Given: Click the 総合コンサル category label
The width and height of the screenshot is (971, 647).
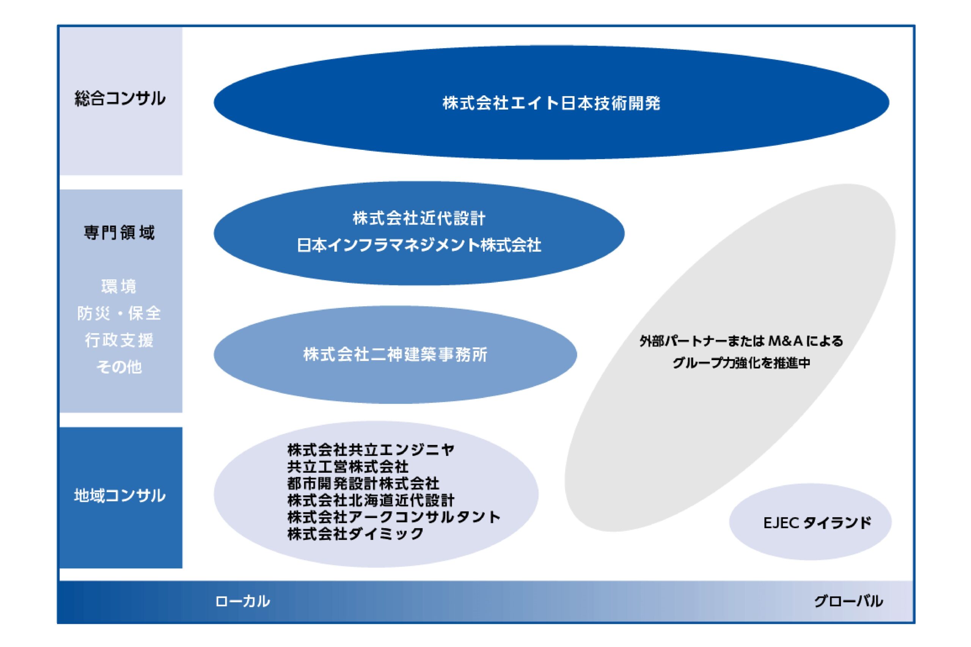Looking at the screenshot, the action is pyautogui.click(x=120, y=99).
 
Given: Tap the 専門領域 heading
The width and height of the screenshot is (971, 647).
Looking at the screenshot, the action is pyautogui.click(x=119, y=233).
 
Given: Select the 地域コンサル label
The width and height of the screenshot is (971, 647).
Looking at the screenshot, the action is pyautogui.click(x=120, y=496).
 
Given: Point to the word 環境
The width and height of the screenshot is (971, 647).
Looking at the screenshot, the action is pyautogui.click(x=119, y=287).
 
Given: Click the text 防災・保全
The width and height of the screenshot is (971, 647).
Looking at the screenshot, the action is pyautogui.click(x=119, y=313).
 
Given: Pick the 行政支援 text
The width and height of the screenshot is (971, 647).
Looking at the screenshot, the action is pyautogui.click(x=119, y=340).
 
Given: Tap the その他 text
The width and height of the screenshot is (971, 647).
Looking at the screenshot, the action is pyautogui.click(x=119, y=367).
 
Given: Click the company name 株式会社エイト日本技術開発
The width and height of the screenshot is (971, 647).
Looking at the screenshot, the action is pyautogui.click(x=551, y=103).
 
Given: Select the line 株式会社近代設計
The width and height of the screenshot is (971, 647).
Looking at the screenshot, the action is pyautogui.click(x=419, y=218).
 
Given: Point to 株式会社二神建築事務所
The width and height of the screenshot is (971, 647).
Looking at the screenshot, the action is pyautogui.click(x=395, y=354).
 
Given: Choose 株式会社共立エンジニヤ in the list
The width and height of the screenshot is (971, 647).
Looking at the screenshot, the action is pyautogui.click(x=371, y=449).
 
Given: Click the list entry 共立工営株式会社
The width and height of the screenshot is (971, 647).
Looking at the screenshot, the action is pyautogui.click(x=348, y=466).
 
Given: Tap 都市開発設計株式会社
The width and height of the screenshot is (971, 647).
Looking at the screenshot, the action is pyautogui.click(x=363, y=483).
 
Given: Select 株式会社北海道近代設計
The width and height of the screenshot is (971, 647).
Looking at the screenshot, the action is pyautogui.click(x=371, y=500).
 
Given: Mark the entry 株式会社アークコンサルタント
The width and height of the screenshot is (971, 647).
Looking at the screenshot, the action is pyautogui.click(x=394, y=517).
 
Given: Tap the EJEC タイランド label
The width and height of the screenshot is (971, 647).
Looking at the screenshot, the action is pyautogui.click(x=817, y=523).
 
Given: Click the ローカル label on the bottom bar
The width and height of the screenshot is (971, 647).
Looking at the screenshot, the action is pyautogui.click(x=242, y=601).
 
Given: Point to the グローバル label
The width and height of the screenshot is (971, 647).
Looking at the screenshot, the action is pyautogui.click(x=848, y=601).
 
